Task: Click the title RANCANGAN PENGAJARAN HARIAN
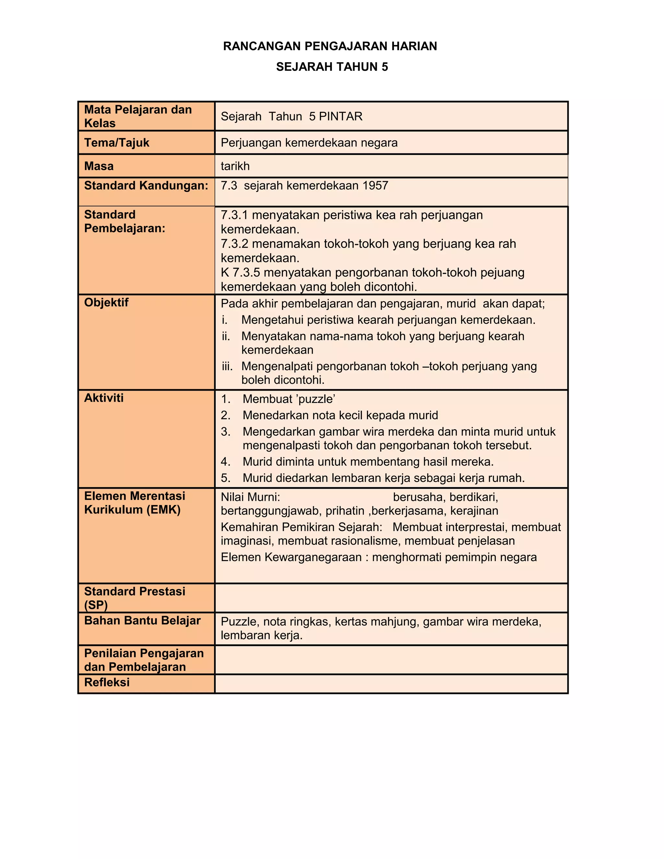[x=330, y=46]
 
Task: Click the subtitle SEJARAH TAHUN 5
[x=332, y=67]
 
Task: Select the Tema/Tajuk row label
[x=116, y=143]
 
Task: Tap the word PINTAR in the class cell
[x=341, y=116]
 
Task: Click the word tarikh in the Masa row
[x=235, y=166]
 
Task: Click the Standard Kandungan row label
[x=146, y=186]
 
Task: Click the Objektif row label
[x=106, y=302]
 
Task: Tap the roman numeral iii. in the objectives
[x=227, y=367]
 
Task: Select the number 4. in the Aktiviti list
[x=225, y=462]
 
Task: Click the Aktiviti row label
[x=103, y=398]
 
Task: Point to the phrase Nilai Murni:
[x=250, y=497]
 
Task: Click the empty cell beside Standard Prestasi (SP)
[x=391, y=598]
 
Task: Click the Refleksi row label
[x=107, y=682]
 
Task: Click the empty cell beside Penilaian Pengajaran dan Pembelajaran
[x=391, y=660]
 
